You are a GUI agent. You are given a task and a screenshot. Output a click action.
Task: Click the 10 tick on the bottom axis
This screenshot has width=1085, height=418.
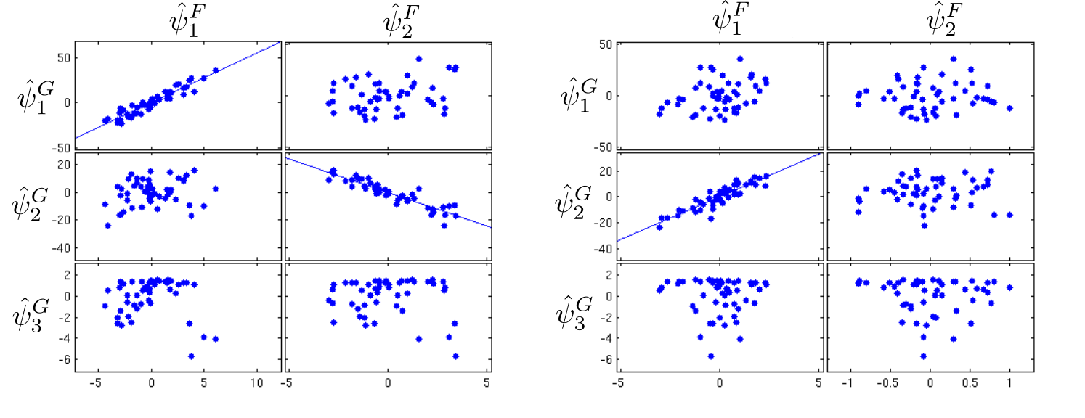[256, 384]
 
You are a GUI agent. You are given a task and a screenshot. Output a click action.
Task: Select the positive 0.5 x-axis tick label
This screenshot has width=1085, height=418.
[970, 384]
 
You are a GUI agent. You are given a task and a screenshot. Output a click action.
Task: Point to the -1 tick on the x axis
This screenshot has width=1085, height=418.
[848, 384]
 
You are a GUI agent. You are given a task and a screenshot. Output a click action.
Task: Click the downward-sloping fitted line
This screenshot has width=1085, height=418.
[389, 192]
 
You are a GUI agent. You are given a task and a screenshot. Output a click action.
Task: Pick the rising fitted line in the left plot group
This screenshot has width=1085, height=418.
[178, 91]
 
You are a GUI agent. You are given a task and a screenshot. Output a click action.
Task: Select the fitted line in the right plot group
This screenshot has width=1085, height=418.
[719, 197]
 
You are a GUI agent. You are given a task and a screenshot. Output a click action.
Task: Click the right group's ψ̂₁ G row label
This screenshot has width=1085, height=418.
[579, 95]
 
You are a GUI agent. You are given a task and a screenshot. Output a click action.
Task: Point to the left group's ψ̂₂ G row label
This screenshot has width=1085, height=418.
[30, 204]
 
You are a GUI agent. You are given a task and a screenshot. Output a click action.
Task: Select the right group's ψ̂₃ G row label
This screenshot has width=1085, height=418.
[574, 312]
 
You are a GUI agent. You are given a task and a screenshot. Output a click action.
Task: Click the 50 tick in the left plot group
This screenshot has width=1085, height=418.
[65, 58]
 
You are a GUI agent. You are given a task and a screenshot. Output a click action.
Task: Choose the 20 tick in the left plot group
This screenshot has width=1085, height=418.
[65, 165]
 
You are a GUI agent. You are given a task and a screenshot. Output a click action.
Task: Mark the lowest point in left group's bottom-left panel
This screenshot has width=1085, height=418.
[191, 356]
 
